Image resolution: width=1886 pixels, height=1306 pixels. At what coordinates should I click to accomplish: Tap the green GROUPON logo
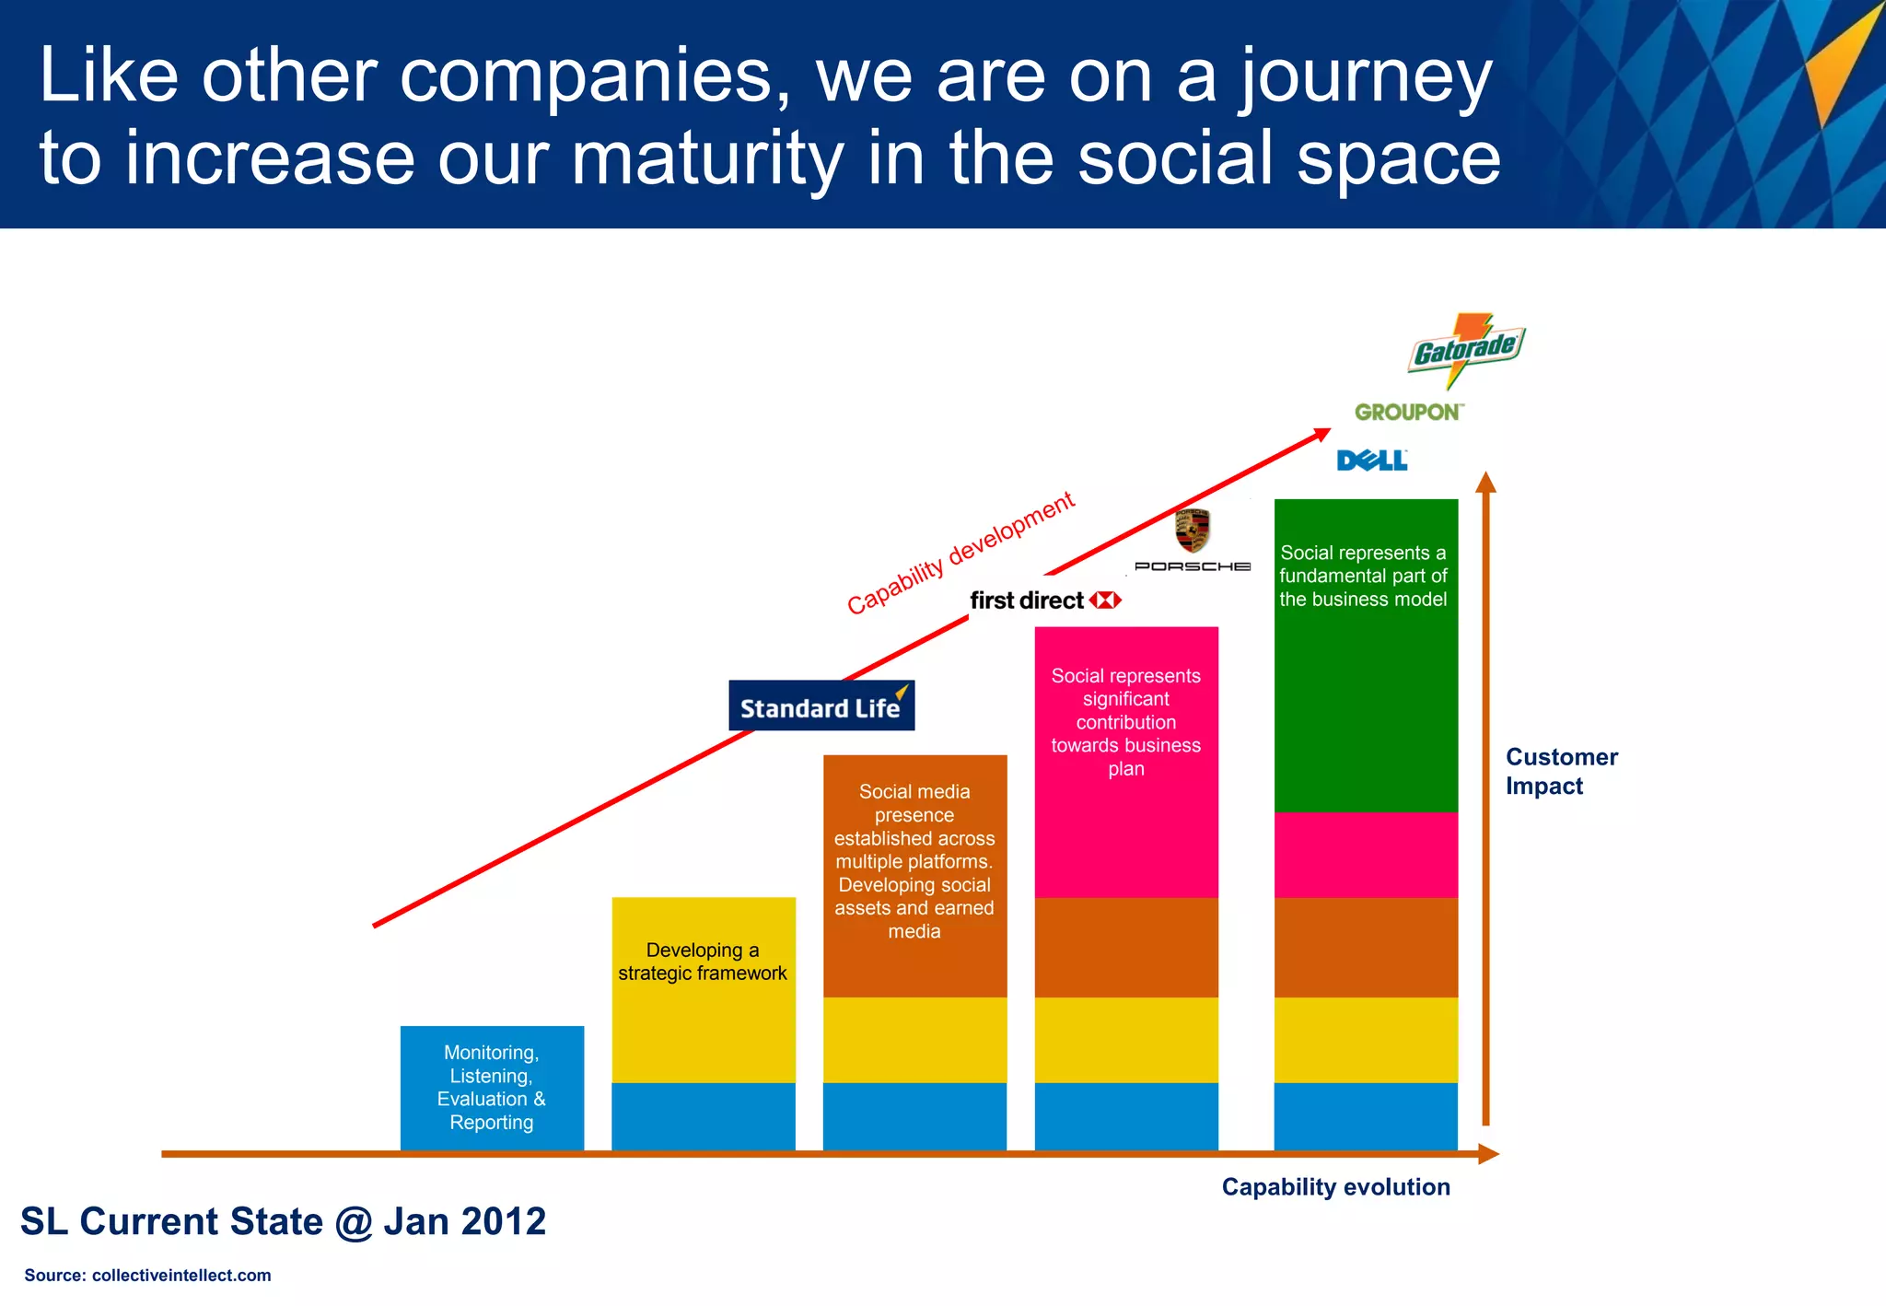coord(1408,412)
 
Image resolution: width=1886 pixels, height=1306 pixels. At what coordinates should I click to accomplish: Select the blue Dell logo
coord(1371,460)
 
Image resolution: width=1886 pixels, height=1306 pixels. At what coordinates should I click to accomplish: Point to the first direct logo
coord(1044,601)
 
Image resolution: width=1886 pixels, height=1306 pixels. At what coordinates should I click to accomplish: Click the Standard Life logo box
coord(821,706)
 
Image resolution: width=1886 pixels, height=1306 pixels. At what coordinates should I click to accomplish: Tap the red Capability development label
coord(960,554)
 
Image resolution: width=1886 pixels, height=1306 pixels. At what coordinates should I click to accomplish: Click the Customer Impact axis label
coord(1560,771)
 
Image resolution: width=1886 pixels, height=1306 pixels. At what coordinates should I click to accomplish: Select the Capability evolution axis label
coord(1334,1186)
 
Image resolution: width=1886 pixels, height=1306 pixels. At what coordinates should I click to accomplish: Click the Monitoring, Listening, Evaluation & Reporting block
coord(492,1087)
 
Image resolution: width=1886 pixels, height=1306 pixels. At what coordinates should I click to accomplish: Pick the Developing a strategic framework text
coord(703,962)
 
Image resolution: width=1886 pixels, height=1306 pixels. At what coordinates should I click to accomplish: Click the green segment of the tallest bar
coord(1366,700)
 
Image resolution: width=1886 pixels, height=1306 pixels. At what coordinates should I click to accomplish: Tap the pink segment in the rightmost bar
coord(1366,855)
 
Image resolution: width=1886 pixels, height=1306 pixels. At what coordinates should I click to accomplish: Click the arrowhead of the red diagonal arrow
coord(1322,434)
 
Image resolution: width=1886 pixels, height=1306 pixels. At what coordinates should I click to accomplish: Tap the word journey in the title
coord(1364,76)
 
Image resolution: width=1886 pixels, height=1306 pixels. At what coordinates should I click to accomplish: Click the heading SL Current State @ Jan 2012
coord(283,1221)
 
